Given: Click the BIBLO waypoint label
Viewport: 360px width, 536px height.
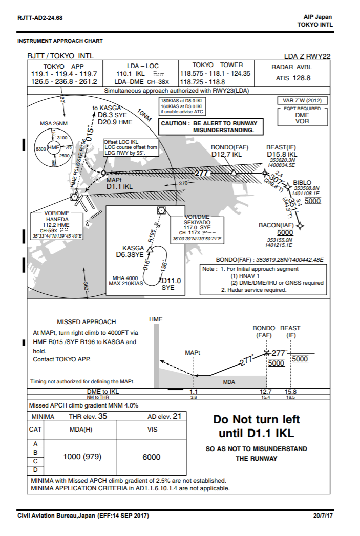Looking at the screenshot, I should pos(302,182).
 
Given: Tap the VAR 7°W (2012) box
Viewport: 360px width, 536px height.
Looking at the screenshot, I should pos(303,100).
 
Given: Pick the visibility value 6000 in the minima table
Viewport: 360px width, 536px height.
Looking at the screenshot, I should pos(152,457).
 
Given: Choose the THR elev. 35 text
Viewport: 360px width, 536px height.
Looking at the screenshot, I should pos(88,416).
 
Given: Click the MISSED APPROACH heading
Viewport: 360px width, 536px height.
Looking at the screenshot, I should pos(86,322).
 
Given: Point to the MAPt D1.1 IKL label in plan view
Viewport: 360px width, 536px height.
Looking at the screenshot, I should pos(119,183).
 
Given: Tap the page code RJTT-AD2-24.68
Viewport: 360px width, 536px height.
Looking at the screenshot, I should pos(40,18).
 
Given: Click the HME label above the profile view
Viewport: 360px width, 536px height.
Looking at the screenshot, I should pos(156,319).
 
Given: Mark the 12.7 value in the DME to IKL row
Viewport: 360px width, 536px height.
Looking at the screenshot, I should pos(266,391).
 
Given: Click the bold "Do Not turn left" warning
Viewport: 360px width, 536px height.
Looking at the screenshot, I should pos(256,419).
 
